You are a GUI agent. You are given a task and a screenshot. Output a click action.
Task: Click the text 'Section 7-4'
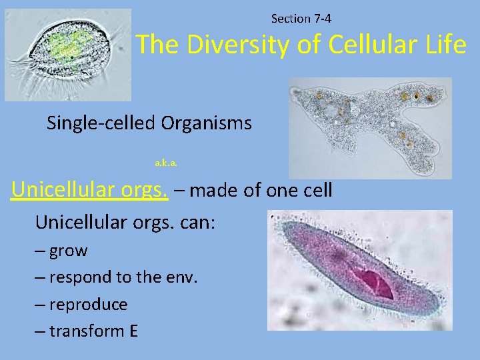301,19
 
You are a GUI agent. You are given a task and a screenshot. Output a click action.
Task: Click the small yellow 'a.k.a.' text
166,162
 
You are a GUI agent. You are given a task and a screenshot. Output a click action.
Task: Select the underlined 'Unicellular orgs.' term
89,190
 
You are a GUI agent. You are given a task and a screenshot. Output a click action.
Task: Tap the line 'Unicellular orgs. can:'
125,221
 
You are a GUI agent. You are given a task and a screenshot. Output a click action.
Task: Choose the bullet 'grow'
68,251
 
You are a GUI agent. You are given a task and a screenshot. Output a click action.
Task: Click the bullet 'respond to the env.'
123,277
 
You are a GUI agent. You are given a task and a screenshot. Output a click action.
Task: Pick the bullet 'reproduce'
88,305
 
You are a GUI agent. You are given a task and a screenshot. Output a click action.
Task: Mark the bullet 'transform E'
93,331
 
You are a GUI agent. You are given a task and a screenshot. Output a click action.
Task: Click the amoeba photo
370,127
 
